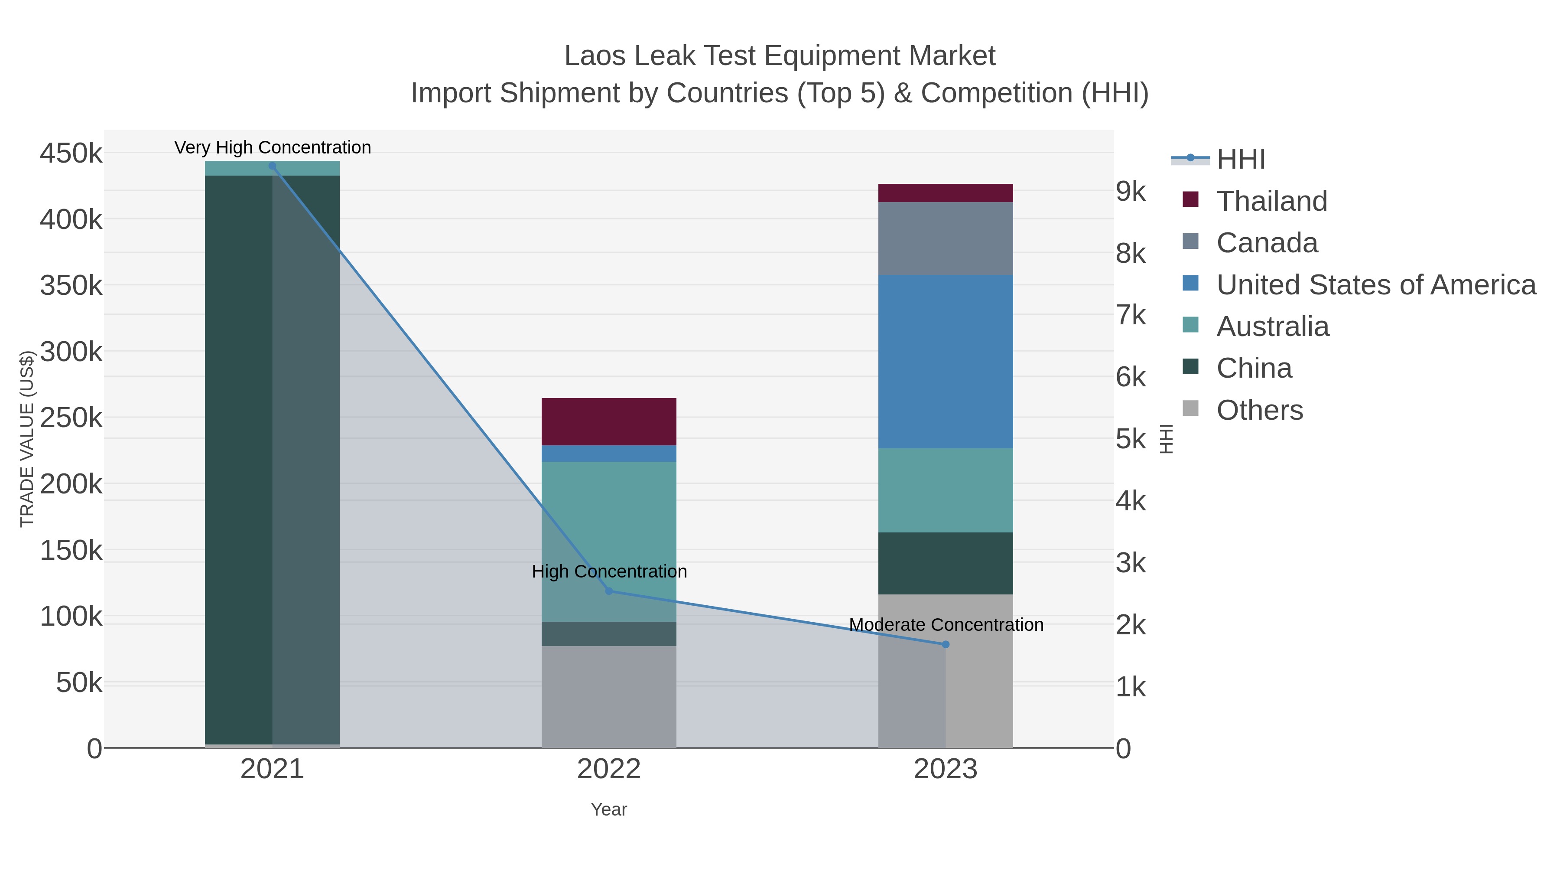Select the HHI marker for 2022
[609, 591]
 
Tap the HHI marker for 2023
[946, 644]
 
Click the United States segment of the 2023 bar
[946, 361]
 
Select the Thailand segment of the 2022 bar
[609, 422]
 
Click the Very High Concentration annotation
[273, 147]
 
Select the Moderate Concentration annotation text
[946, 625]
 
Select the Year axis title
[609, 809]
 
